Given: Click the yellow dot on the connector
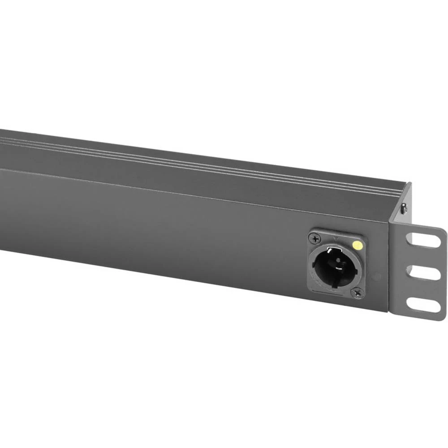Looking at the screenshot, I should point(357,245).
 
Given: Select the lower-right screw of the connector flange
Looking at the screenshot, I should point(357,293).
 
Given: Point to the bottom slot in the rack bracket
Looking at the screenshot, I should point(422,305).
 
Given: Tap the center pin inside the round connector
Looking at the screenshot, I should point(337,265).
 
